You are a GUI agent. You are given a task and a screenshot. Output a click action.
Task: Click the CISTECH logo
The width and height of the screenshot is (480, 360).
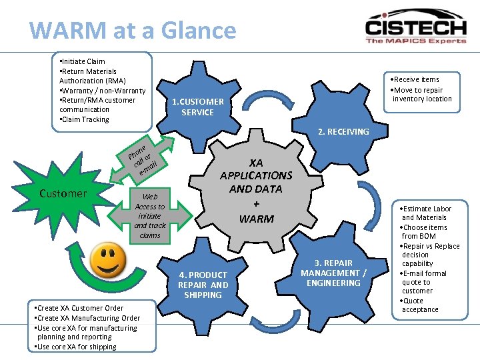point(415,27)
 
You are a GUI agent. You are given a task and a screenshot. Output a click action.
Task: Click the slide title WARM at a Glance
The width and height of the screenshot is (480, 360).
point(133,31)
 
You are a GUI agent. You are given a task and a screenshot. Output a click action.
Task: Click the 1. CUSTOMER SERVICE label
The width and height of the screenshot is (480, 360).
point(198,107)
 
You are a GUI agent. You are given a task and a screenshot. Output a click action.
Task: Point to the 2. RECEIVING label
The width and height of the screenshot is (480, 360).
point(343,131)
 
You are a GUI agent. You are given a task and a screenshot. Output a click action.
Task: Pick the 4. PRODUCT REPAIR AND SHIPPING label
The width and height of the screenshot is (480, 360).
point(203,285)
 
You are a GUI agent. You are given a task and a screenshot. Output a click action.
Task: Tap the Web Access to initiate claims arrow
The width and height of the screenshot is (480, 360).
point(150,216)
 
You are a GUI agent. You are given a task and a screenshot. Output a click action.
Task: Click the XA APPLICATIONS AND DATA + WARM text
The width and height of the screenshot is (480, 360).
point(256,190)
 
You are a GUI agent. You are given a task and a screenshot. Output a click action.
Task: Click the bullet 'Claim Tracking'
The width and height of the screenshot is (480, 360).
point(85,119)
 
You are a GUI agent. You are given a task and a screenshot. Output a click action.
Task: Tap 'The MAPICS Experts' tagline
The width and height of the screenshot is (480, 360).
point(415,41)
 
